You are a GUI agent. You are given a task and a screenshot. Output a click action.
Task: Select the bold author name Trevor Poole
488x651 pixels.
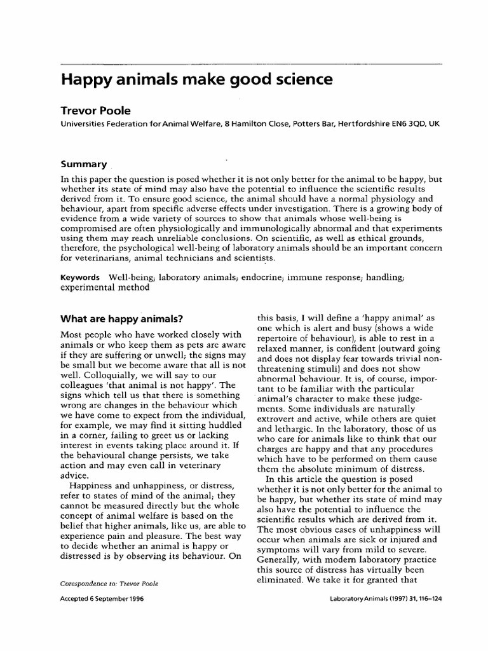[93, 111]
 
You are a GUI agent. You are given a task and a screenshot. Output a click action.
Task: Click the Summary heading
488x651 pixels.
[82, 164]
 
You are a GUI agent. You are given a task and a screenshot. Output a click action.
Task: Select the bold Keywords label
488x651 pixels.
[80, 278]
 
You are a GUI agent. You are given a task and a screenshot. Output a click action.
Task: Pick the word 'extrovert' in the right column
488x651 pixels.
[276, 420]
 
